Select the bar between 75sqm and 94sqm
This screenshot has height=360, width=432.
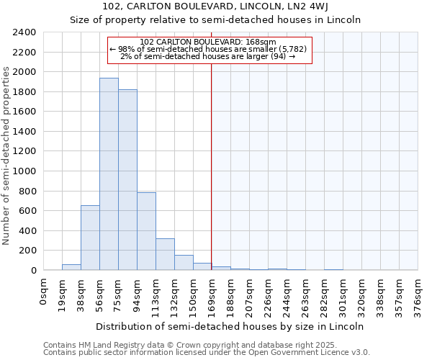pyautogui.click(x=127, y=180)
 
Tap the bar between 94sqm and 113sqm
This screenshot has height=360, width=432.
pyautogui.click(x=146, y=231)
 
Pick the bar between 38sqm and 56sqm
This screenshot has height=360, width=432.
pyautogui.click(x=90, y=238)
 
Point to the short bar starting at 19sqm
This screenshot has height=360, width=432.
pyautogui.click(x=71, y=267)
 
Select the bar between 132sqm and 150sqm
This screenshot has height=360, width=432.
pyautogui.click(x=184, y=263)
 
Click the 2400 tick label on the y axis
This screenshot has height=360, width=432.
pyautogui.click(x=24, y=32)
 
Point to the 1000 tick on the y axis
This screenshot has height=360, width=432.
pyautogui.click(x=24, y=171)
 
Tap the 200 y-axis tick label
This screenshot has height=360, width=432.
pyautogui.click(x=27, y=251)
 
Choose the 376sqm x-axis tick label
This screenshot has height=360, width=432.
pyautogui.click(x=418, y=293)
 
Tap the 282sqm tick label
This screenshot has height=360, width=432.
pyautogui.click(x=325, y=293)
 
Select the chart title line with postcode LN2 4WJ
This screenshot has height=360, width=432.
pyautogui.click(x=216, y=7)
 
